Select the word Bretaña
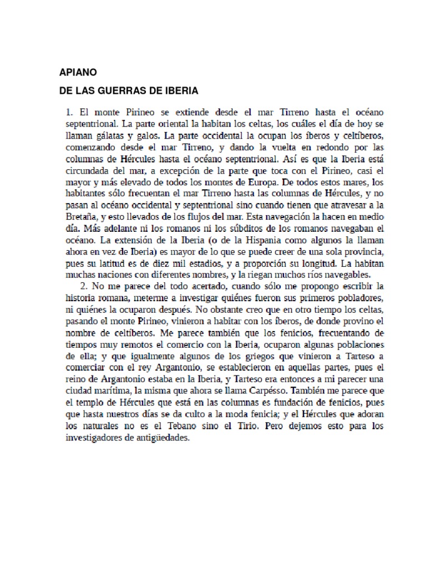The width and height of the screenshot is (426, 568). pos(82,217)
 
